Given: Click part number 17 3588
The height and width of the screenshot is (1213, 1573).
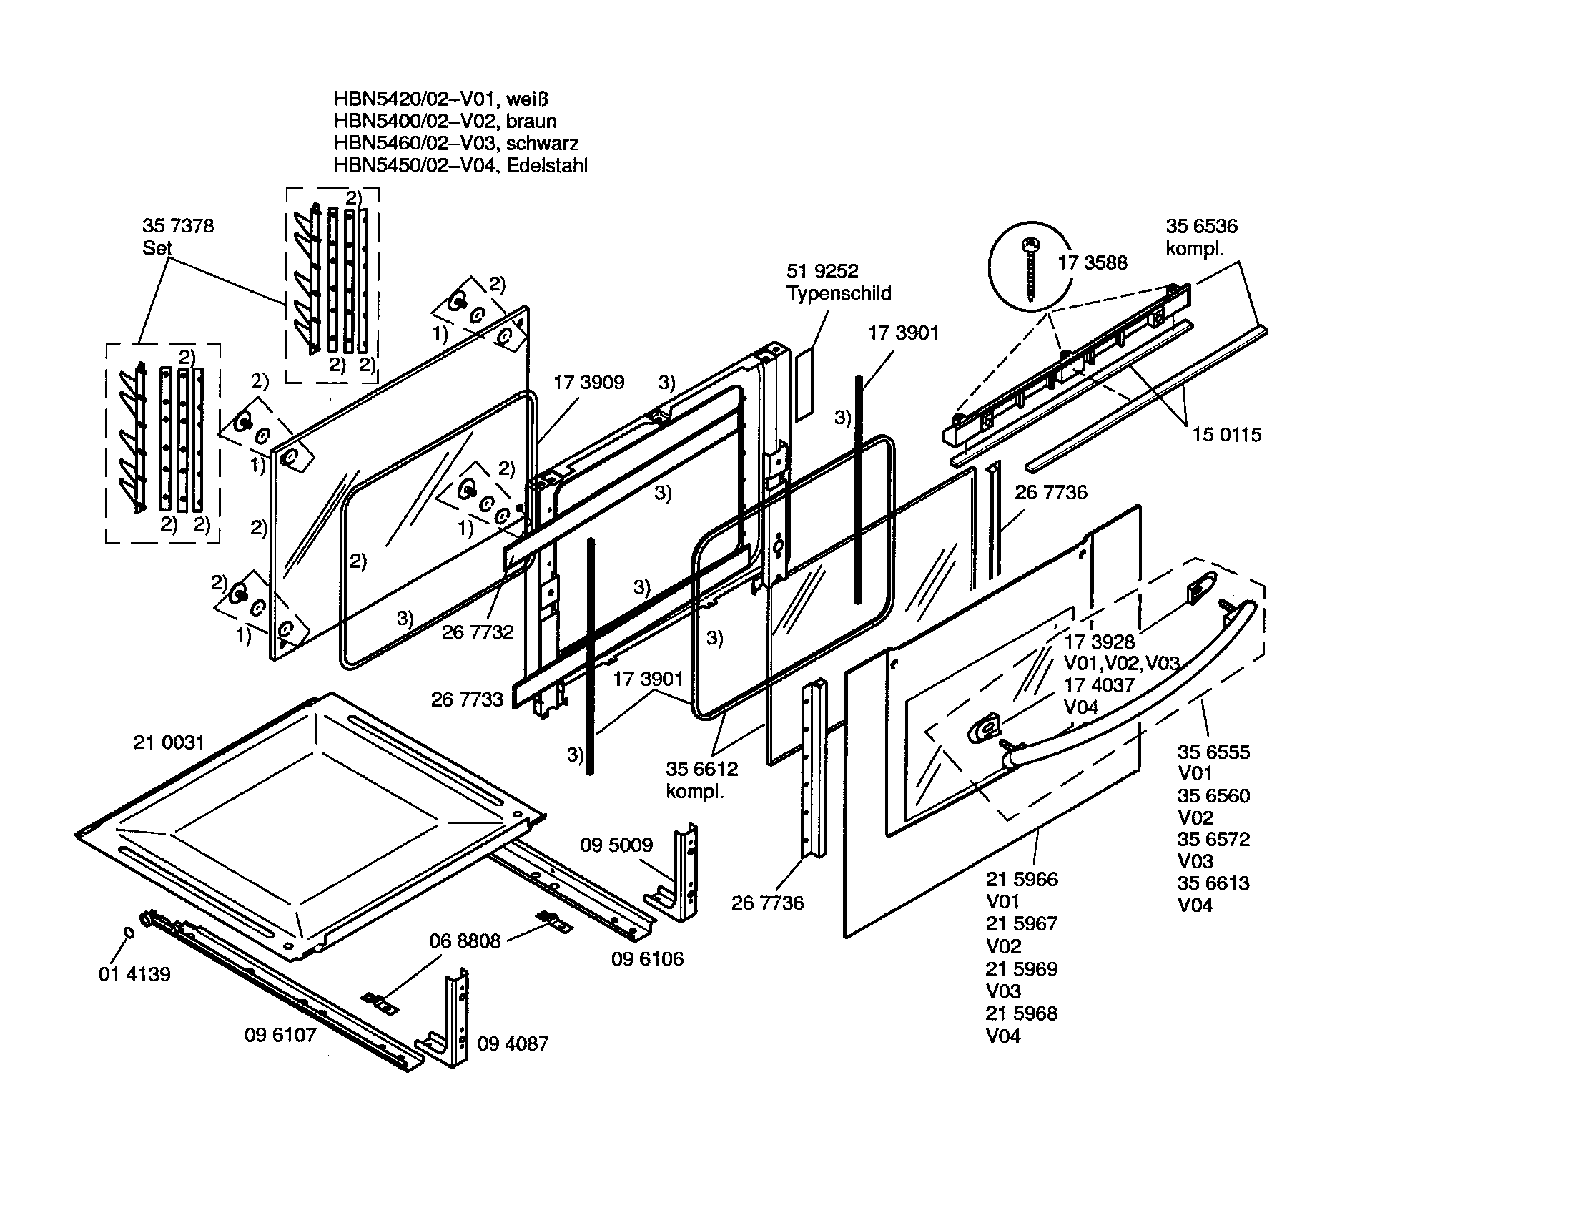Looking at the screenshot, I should [x=1092, y=263].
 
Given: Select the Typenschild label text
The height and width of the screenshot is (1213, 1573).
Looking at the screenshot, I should [x=839, y=294].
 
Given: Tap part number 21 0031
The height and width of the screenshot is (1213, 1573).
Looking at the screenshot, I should [x=169, y=742].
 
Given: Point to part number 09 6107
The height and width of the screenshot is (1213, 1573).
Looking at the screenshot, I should [x=280, y=1035].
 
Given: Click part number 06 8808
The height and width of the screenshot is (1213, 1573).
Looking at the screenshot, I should [x=465, y=941].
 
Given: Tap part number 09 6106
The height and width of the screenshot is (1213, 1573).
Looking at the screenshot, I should [x=647, y=959].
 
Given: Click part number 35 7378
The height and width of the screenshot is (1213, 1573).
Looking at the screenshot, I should [x=178, y=226].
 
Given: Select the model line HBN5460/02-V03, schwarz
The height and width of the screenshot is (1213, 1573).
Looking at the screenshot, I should [x=456, y=143].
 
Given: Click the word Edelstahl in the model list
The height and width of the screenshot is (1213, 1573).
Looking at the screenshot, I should [x=547, y=166].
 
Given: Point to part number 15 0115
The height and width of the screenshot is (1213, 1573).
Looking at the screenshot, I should [x=1226, y=435].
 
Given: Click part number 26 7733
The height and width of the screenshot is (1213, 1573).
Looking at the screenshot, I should [x=467, y=700].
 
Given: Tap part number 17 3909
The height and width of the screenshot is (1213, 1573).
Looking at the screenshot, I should [x=588, y=383].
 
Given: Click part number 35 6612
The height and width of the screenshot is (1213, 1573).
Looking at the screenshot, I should [x=701, y=770].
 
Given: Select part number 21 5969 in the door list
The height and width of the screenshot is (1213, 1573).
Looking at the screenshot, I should [x=1021, y=969].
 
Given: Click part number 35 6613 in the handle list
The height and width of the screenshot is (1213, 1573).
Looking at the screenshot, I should [x=1213, y=884].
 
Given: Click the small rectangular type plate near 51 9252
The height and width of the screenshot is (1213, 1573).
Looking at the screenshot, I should [x=804, y=385].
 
